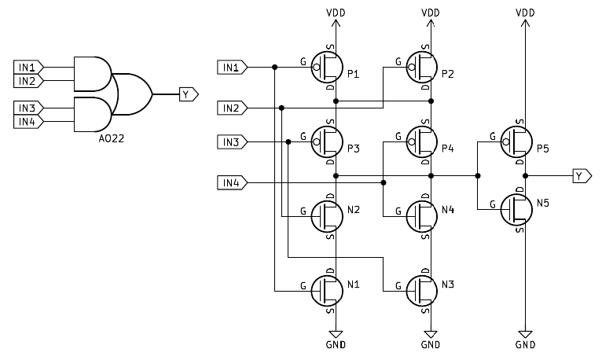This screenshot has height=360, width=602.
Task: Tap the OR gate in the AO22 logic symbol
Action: coord(134,94)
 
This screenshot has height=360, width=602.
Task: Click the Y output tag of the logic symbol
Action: coord(189,94)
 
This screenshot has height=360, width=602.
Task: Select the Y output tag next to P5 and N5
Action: coord(582,175)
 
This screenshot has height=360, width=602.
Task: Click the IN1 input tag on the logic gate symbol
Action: coord(29,68)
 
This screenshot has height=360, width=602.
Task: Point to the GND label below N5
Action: coord(525,344)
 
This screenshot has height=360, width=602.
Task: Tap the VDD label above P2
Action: coord(431,13)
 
